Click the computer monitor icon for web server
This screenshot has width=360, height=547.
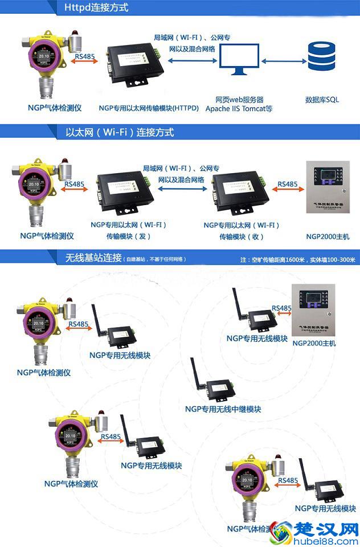[x=239, y=60]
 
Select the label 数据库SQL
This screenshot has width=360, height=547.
[x=322, y=99]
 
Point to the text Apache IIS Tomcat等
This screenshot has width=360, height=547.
[x=239, y=108]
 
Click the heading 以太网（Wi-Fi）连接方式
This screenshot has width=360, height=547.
[x=120, y=132]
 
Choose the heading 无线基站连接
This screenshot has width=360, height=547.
[x=93, y=258]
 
